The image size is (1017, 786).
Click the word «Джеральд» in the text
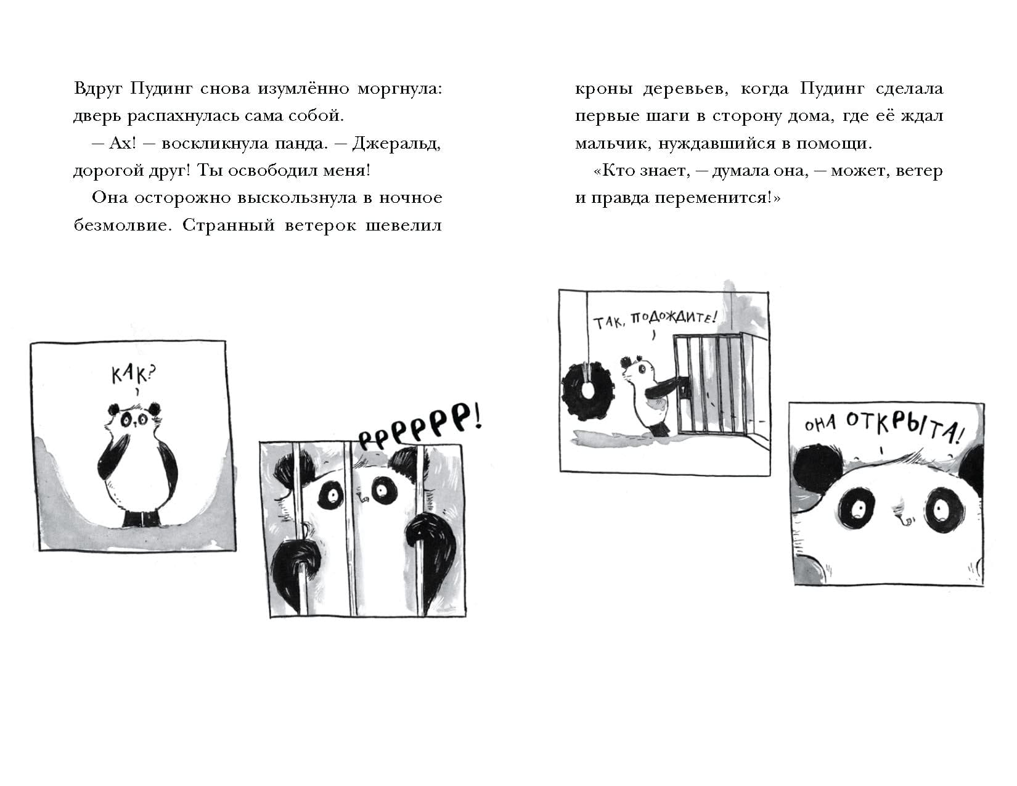396,144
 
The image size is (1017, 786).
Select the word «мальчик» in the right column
613,144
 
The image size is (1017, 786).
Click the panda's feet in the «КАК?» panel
142,518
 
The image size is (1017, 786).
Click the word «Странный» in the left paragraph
229,226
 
